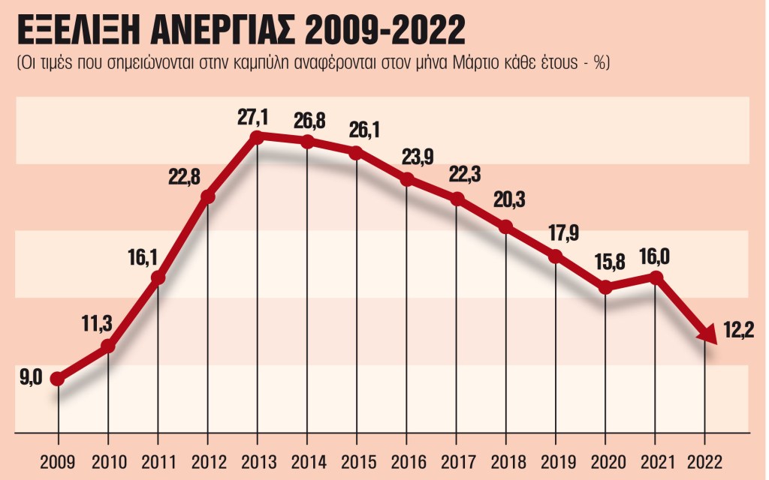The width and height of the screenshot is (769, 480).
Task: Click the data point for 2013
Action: [257, 136]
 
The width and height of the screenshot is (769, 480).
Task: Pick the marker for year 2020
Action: [606, 287]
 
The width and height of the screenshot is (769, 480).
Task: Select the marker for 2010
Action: [108, 346]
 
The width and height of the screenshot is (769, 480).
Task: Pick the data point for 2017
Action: [457, 199]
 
